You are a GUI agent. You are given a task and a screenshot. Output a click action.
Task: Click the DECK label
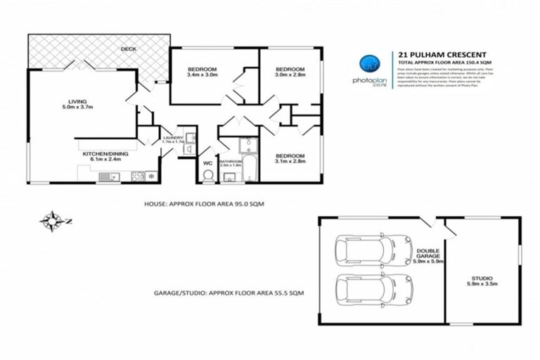[x=128, y=49]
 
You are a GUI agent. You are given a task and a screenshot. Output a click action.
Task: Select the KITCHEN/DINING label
[x=103, y=156]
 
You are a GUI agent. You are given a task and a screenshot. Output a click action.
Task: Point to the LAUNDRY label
[x=173, y=139]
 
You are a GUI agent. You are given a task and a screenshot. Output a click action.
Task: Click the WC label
[x=207, y=163]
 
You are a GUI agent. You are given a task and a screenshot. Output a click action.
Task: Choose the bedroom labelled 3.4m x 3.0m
[x=202, y=72]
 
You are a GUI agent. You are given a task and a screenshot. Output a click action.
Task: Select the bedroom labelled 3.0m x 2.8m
[x=288, y=72]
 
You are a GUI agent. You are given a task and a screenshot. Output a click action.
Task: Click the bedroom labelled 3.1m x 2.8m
[x=289, y=158]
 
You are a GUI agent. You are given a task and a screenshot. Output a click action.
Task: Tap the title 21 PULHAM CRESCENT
[x=437, y=53]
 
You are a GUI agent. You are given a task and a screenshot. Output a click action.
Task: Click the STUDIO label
[x=482, y=281]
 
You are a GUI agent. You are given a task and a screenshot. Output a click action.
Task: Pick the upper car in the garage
[x=364, y=250]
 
